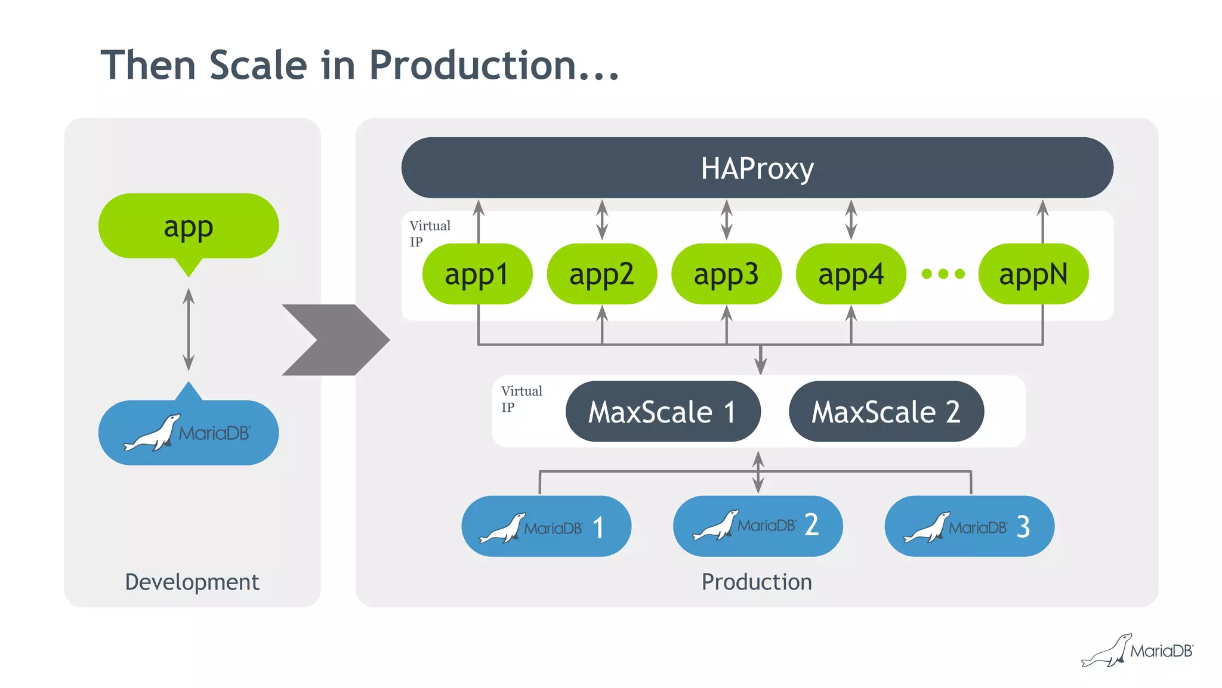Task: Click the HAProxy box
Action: point(757,168)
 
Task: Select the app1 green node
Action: point(477,274)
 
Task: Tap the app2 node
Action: point(601,274)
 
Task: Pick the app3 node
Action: point(726,274)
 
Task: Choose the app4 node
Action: point(851,274)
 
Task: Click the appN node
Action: point(1033,274)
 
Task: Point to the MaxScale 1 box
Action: point(662,412)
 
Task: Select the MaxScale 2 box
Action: point(886,412)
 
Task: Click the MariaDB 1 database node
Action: point(546,526)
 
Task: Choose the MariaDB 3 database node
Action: point(969,526)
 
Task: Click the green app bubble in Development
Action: point(189,227)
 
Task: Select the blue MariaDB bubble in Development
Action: point(189,432)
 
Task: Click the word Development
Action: point(192,582)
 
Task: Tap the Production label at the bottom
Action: point(757,582)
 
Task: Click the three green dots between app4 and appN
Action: point(943,274)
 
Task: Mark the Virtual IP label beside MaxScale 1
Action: point(521,399)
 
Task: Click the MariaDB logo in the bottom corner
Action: point(1137,650)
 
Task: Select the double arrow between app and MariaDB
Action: point(189,329)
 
